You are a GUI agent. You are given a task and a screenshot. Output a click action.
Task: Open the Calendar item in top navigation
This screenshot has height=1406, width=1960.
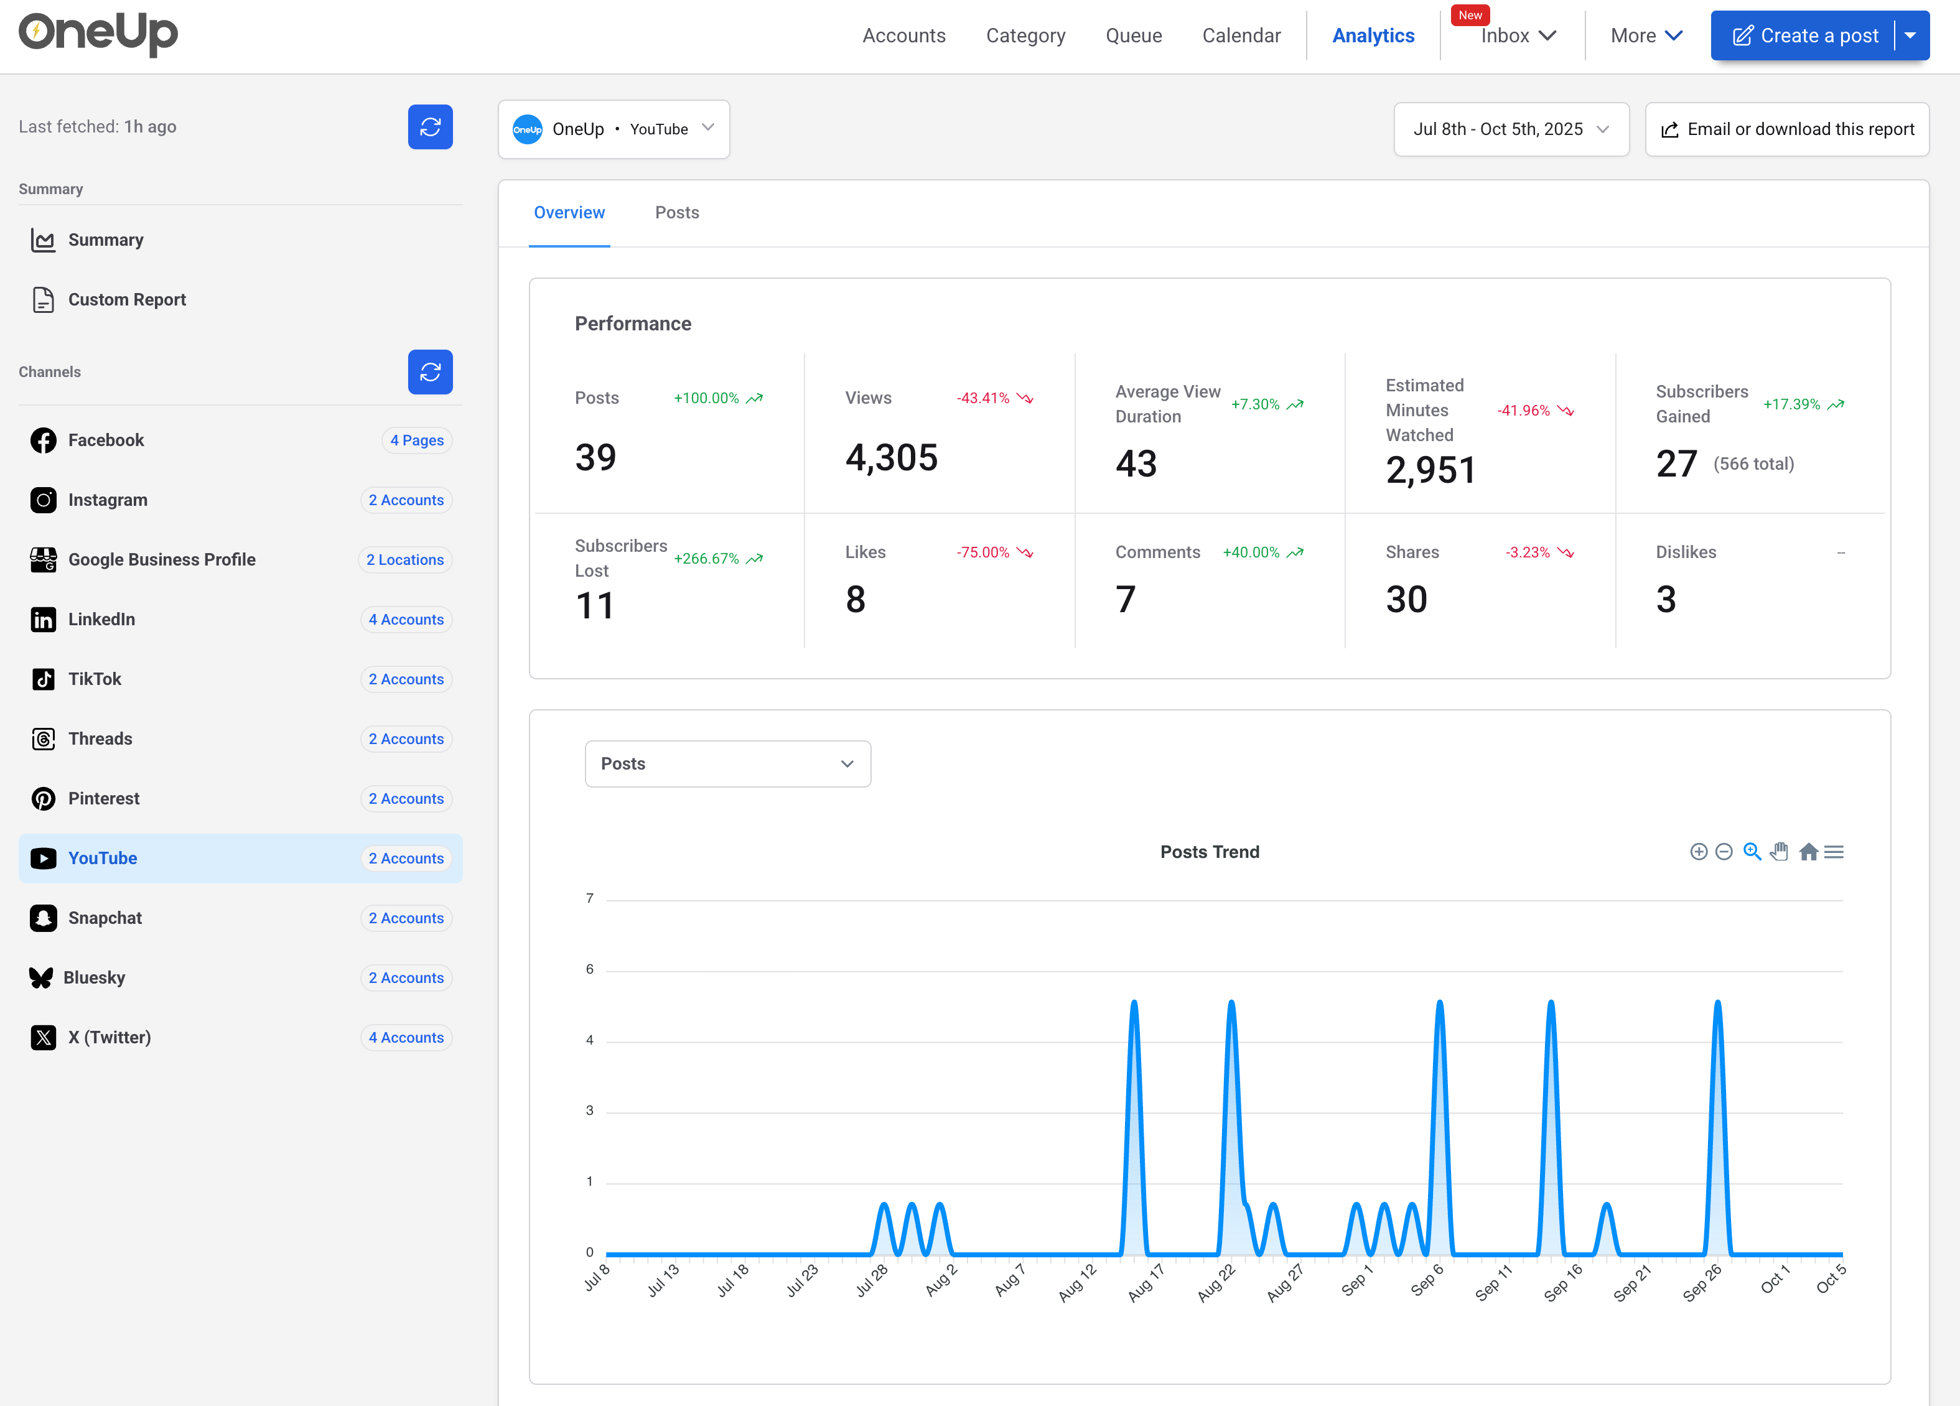[x=1241, y=35]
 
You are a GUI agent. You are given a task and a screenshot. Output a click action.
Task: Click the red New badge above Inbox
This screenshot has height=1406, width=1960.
[x=1469, y=15]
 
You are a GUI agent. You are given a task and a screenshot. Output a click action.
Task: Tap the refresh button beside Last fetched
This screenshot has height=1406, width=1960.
[x=429, y=127]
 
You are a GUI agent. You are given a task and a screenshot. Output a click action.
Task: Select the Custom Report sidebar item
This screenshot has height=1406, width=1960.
[x=126, y=300]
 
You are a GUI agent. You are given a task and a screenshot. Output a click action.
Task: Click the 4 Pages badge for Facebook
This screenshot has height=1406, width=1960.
[x=416, y=440]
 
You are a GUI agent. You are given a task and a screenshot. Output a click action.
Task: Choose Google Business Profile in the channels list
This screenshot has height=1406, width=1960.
[x=162, y=559]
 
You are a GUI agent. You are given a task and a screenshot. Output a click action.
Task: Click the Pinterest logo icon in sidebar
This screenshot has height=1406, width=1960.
[x=43, y=798]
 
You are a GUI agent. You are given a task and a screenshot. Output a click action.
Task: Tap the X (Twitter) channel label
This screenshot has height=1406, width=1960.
[x=109, y=1037]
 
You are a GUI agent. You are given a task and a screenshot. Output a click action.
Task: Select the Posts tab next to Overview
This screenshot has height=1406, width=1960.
[x=677, y=213]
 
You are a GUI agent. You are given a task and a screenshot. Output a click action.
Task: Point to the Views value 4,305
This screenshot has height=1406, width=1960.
[x=891, y=457]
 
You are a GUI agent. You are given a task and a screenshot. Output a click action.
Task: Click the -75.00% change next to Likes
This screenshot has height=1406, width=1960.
[x=982, y=552]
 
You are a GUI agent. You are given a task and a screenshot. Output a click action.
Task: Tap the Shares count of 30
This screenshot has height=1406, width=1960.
[x=1406, y=599]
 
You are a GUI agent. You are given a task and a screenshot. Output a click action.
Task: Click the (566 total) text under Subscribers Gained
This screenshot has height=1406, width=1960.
[x=1753, y=464]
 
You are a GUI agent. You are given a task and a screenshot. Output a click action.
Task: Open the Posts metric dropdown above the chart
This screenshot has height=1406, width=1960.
[x=727, y=764]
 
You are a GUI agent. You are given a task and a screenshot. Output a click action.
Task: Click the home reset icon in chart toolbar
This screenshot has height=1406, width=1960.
[x=1808, y=852]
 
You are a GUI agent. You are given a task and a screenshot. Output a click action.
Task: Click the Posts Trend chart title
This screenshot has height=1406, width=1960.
[x=1209, y=852]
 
